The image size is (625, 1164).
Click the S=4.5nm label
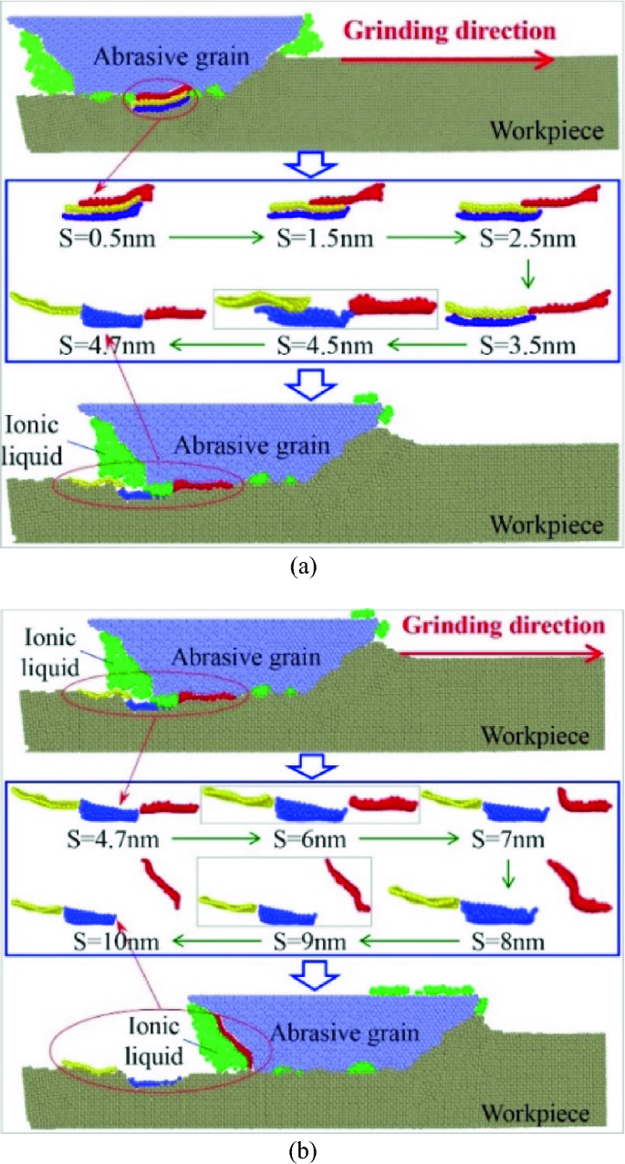(x=311, y=345)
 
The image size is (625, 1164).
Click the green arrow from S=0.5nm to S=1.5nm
(x=203, y=240)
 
